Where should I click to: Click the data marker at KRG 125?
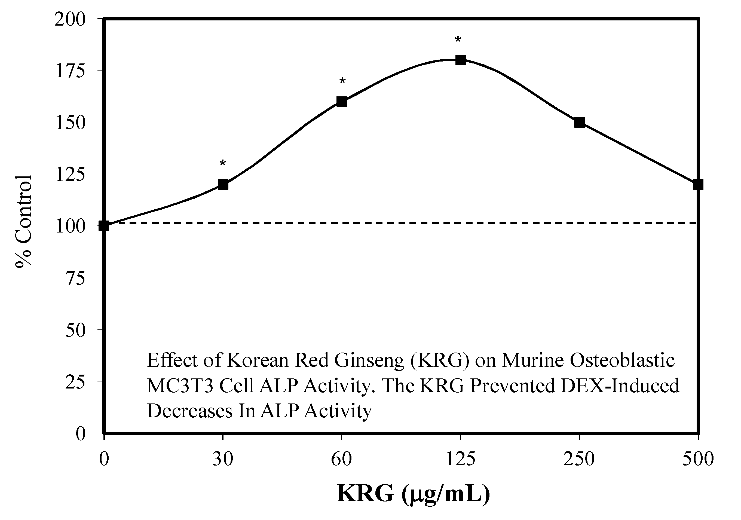coord(461,60)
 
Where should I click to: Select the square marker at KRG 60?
coord(342,102)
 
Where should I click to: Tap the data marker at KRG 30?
coord(223,185)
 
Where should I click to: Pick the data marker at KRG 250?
coord(579,122)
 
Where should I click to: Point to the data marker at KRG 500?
coord(698,185)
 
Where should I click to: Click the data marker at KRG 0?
coord(104,226)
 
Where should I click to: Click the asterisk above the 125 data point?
coord(458,40)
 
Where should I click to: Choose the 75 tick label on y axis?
coord(75,278)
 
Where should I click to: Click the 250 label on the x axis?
coord(579,459)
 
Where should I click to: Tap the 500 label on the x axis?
coord(698,459)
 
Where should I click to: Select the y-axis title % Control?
coord(23,221)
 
